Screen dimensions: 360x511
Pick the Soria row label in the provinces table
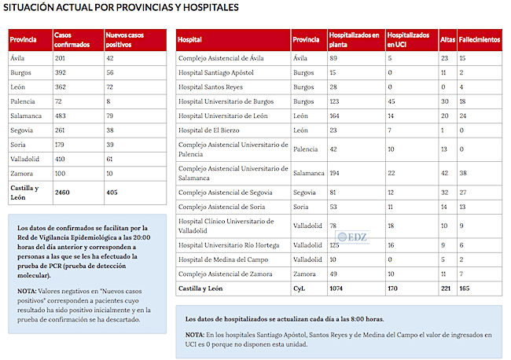tap(18, 144)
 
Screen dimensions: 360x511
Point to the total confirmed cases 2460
tap(62, 191)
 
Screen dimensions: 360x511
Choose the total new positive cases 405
tap(112, 191)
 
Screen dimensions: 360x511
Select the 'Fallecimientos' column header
tap(479, 39)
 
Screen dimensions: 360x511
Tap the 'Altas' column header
tap(447, 39)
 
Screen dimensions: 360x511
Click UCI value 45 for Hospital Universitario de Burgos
tap(392, 101)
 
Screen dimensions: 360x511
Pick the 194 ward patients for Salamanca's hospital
tap(336, 173)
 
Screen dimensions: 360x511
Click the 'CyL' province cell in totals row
tap(299, 288)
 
